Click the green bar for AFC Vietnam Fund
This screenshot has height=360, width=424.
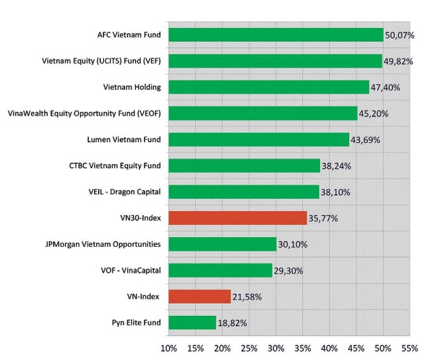pyautogui.click(x=276, y=35)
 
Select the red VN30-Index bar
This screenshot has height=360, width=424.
pyautogui.click(x=238, y=218)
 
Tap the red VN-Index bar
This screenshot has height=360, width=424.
pyautogui.click(x=199, y=296)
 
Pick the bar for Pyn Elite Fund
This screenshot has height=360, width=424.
pyautogui.click(x=192, y=322)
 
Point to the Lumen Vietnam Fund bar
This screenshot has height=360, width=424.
pyautogui.click(x=259, y=140)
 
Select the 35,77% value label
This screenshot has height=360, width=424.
pyautogui.click(x=323, y=218)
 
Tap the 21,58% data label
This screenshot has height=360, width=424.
pyautogui.click(x=246, y=296)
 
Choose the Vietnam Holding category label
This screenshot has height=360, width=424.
pyautogui.click(x=132, y=87)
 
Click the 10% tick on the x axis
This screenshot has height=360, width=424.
pyautogui.click(x=168, y=347)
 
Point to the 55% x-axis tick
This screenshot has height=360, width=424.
pyautogui.click(x=409, y=347)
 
